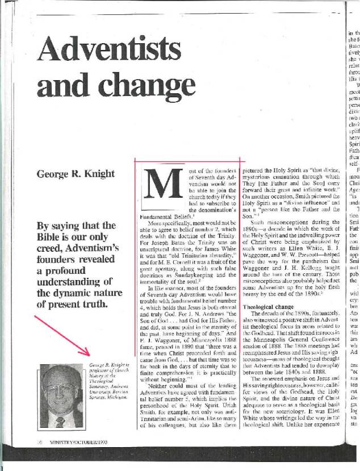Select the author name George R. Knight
77,173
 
